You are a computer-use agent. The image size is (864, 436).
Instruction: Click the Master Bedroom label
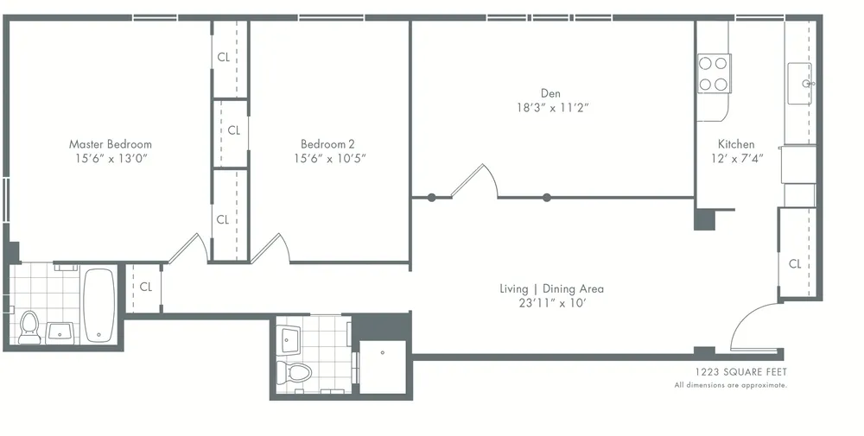click(x=110, y=144)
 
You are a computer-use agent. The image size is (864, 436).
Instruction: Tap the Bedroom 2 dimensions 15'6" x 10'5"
click(x=334, y=159)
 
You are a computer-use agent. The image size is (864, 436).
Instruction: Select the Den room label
click(x=550, y=93)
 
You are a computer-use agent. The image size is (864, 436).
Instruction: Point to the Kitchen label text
click(x=736, y=144)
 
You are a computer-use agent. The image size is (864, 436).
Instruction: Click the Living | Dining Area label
click(x=551, y=288)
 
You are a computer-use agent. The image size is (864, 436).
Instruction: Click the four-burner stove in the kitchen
click(x=714, y=73)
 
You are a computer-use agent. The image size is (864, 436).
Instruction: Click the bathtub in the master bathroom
click(x=99, y=305)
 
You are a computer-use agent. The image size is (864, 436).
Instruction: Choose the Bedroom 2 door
click(x=270, y=248)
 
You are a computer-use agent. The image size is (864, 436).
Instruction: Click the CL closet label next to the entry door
click(x=795, y=264)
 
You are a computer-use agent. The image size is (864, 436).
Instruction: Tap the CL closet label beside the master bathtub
click(x=145, y=287)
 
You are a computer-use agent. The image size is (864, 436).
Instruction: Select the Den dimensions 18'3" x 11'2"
click(x=550, y=108)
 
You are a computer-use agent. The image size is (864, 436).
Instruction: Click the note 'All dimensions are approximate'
click(x=730, y=385)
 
